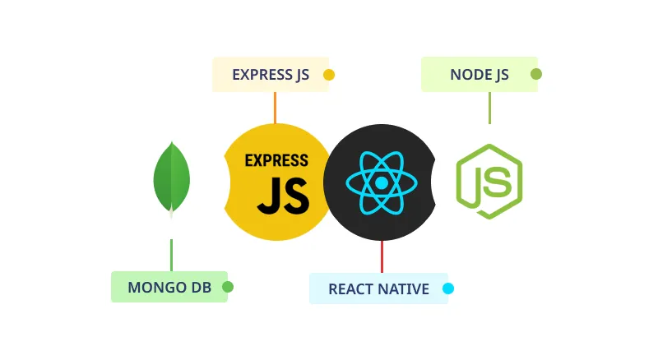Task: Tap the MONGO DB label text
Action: [169, 288]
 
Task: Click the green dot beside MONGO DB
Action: [228, 287]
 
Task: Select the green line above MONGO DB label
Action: [171, 254]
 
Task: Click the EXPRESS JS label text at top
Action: [271, 75]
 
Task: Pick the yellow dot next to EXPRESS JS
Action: [329, 75]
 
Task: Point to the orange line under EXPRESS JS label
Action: [275, 107]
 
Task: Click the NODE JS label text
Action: [480, 75]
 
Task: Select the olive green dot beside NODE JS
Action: [536, 74]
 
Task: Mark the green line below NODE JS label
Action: [489, 108]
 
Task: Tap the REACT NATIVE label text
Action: [378, 289]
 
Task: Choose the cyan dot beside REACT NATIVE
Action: [448, 288]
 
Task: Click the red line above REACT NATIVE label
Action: [382, 256]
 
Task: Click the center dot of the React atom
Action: [381, 182]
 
